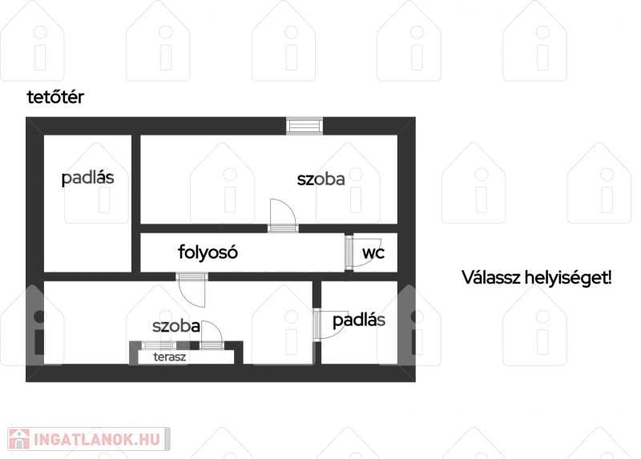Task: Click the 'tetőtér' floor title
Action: pyautogui.click(x=55, y=97)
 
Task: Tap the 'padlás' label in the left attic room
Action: pyautogui.click(x=87, y=178)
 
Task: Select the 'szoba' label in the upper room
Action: pyautogui.click(x=321, y=179)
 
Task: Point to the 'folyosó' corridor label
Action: pyautogui.click(x=208, y=252)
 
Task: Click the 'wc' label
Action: pyautogui.click(x=373, y=253)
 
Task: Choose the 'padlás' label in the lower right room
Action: pyautogui.click(x=359, y=320)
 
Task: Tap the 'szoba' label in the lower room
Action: pyautogui.click(x=176, y=326)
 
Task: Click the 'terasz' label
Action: pyautogui.click(x=170, y=356)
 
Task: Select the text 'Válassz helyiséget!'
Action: pyautogui.click(x=536, y=277)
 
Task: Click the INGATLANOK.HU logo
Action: pyautogui.click(x=89, y=439)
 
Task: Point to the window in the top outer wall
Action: pyautogui.click(x=304, y=126)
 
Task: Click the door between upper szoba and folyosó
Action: pyautogui.click(x=283, y=216)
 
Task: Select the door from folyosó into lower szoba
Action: pyautogui.click(x=191, y=290)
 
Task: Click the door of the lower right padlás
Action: pyautogui.click(x=331, y=324)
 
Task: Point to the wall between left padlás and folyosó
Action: pyautogui.click(x=136, y=203)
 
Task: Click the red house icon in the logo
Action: pyautogui.click(x=18, y=439)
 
